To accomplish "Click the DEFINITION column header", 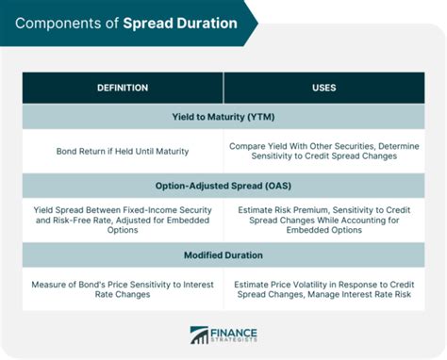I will coord(122,88).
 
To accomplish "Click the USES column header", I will coord(323,88).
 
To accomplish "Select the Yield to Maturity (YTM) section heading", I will coord(223,116).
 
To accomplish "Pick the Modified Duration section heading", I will coord(223,254).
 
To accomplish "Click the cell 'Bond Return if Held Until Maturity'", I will coord(122,150).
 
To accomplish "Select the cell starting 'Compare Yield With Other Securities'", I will coord(324,150).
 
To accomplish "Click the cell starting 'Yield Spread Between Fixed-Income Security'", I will coord(122,220).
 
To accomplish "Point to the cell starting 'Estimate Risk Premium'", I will coord(324,220).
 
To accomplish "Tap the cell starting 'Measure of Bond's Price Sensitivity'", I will coord(122,289).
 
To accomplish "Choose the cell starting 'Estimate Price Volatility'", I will coord(324,289).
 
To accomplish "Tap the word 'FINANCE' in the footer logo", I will coord(235,332).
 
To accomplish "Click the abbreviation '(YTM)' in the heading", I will coord(263,116).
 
